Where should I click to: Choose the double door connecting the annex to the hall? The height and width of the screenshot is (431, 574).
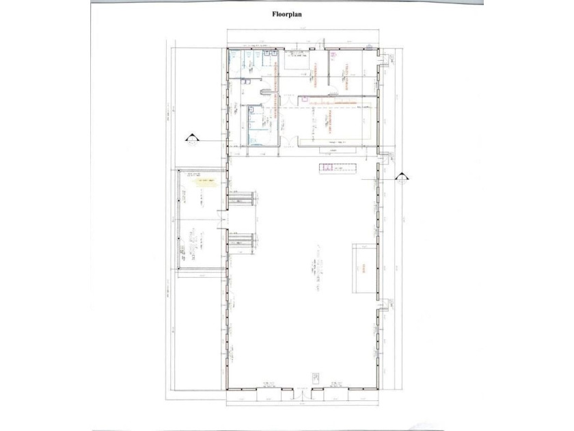(x=221, y=218)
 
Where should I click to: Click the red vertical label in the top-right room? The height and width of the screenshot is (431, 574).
(x=346, y=75)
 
